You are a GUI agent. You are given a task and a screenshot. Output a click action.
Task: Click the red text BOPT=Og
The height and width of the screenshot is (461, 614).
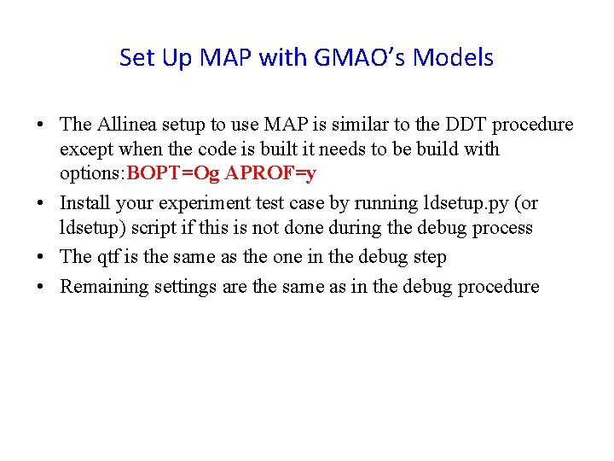[x=172, y=174]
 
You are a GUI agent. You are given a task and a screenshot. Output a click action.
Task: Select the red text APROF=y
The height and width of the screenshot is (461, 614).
[x=270, y=174]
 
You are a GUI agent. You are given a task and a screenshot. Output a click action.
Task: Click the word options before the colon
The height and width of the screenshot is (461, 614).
[x=90, y=174]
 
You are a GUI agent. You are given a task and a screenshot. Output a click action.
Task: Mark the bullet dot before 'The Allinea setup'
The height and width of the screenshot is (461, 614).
[x=41, y=125]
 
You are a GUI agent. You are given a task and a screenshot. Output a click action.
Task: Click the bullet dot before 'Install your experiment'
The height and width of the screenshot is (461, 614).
[x=41, y=204]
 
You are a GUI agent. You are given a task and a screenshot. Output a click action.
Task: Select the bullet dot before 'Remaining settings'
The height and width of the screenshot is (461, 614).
[x=41, y=287]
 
